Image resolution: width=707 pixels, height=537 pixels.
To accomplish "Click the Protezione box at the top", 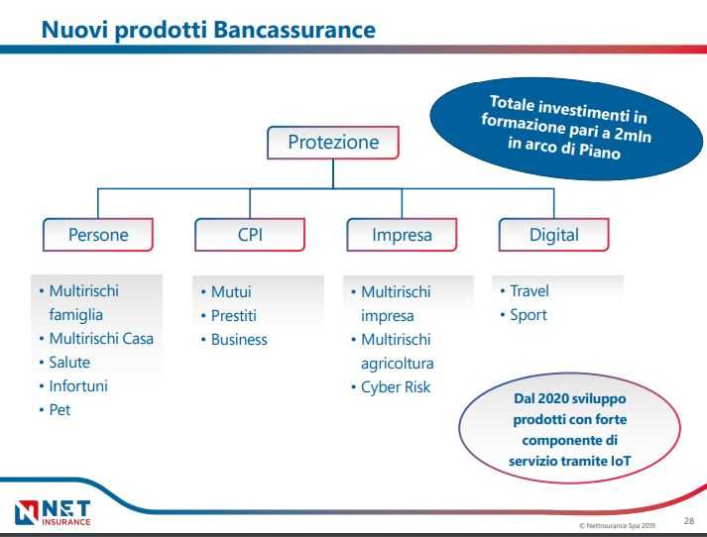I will click(x=333, y=143).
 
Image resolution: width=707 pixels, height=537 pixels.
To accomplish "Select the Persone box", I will click(x=98, y=236).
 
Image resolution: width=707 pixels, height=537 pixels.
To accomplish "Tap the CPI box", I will click(x=250, y=236).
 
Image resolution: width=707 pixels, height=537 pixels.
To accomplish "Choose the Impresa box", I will click(x=402, y=236).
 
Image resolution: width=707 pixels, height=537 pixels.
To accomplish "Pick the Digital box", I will click(x=553, y=236).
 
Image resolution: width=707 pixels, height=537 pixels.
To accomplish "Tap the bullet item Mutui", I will click(x=231, y=292).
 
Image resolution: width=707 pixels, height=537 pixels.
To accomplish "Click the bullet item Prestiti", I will click(x=236, y=316).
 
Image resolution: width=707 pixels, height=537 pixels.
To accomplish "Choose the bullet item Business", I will click(x=239, y=340).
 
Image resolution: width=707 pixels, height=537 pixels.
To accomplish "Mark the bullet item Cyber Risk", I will click(x=396, y=387).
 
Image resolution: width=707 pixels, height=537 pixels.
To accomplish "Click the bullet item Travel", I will click(x=529, y=291).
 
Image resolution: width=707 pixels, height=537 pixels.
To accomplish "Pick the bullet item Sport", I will click(x=528, y=316).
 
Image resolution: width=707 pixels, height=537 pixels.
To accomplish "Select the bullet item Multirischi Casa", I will click(x=101, y=339).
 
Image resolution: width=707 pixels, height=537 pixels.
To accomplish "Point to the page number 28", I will click(x=689, y=517).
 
